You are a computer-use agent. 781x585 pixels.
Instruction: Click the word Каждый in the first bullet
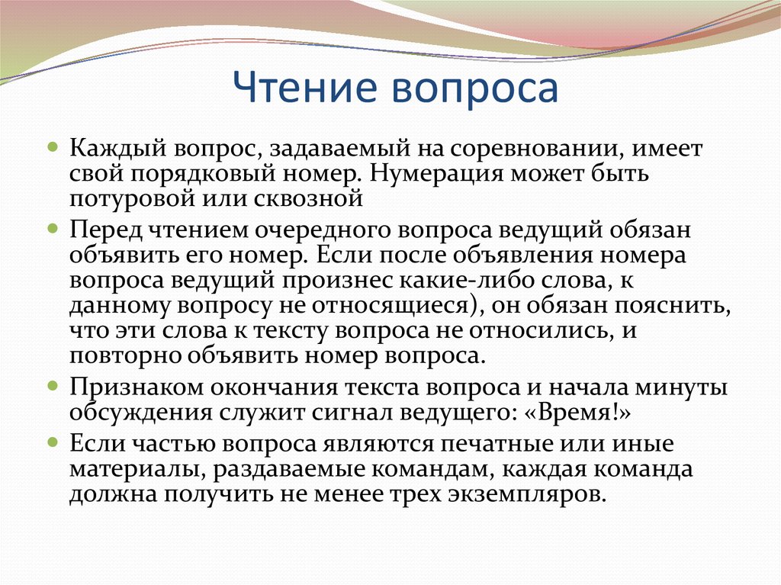click(x=118, y=149)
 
